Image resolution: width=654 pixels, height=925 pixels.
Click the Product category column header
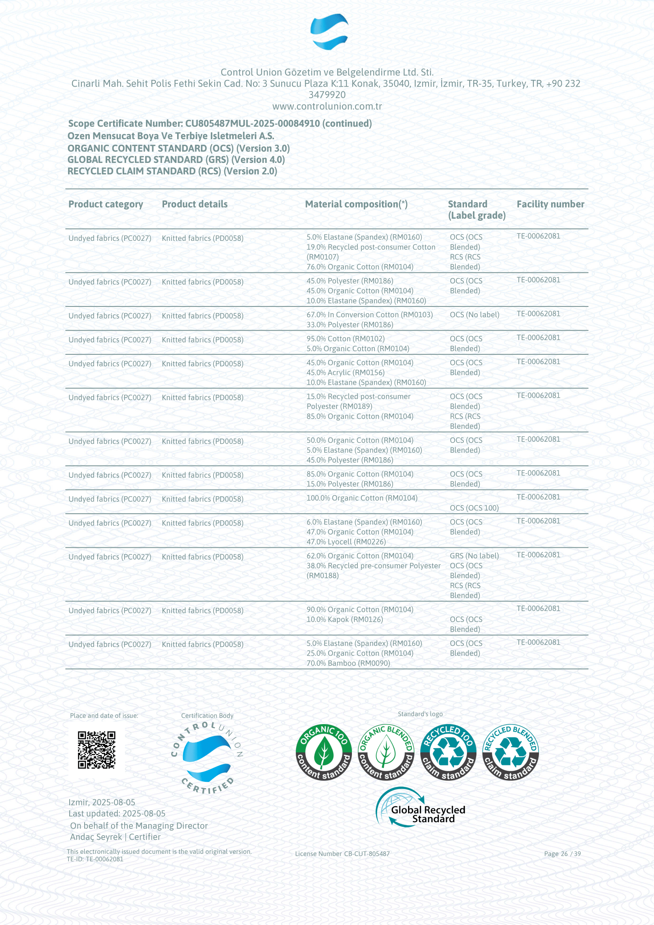point(106,204)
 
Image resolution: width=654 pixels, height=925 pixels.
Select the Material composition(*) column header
point(356,204)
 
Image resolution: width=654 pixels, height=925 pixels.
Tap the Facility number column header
point(550,204)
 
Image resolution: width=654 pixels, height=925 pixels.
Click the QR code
point(96,750)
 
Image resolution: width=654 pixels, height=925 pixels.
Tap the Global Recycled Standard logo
point(420,808)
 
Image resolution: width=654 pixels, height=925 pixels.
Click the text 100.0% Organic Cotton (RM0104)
point(362,498)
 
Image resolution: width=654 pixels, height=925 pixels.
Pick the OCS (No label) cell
point(474,315)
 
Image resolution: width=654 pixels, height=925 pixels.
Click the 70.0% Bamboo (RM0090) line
point(348,663)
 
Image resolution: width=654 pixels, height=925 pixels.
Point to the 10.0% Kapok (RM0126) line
point(344,619)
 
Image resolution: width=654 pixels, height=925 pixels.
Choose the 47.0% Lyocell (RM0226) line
point(346,542)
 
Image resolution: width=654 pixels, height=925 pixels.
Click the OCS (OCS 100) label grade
point(474,508)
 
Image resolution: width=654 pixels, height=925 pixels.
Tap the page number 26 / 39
point(562,854)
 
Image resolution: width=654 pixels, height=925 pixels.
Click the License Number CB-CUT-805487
point(342,854)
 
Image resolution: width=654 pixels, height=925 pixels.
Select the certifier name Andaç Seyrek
point(96,837)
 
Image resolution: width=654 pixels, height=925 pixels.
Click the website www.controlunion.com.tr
point(327,106)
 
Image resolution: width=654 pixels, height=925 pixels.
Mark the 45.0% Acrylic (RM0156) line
point(345,373)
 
